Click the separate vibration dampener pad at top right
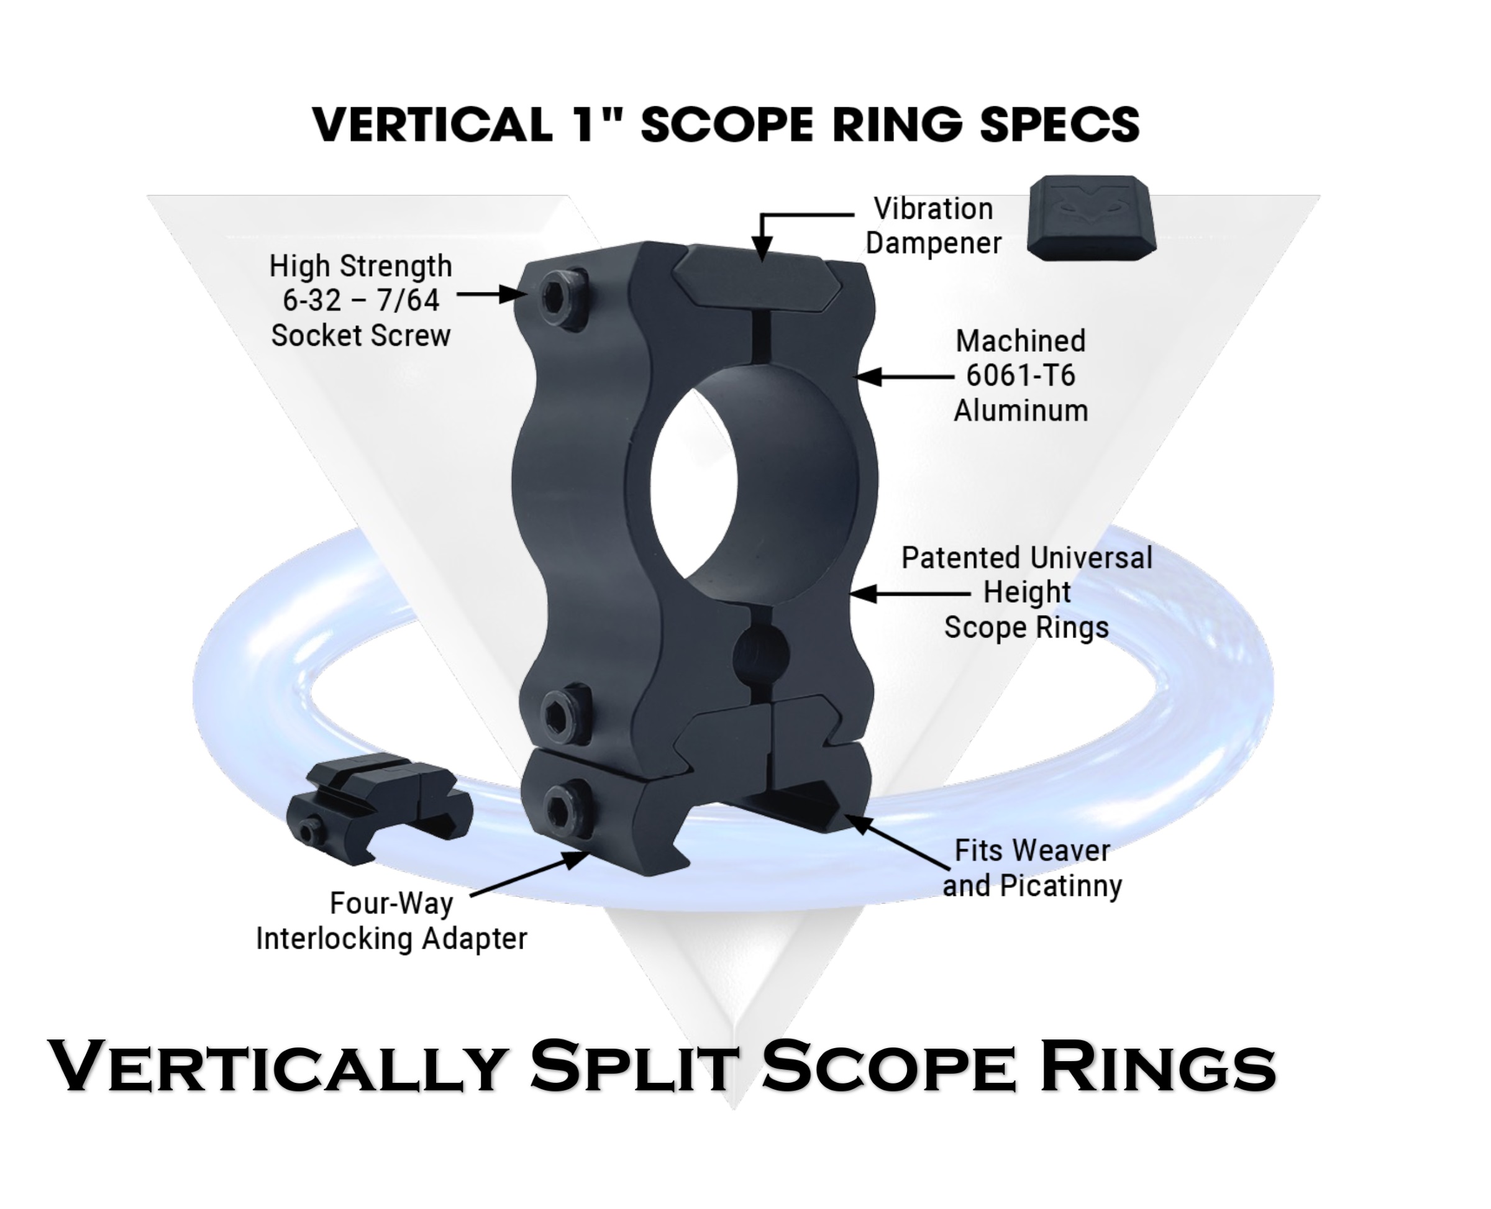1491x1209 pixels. pos(1090,218)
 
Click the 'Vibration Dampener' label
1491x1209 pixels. pos(933,226)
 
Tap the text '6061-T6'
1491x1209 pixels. pos(1020,376)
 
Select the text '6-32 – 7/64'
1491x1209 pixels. pos(361,300)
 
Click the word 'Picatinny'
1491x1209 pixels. pos(1060,886)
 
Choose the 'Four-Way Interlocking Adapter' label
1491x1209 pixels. pos(391,921)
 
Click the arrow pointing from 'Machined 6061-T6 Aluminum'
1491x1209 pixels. pos(904,376)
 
